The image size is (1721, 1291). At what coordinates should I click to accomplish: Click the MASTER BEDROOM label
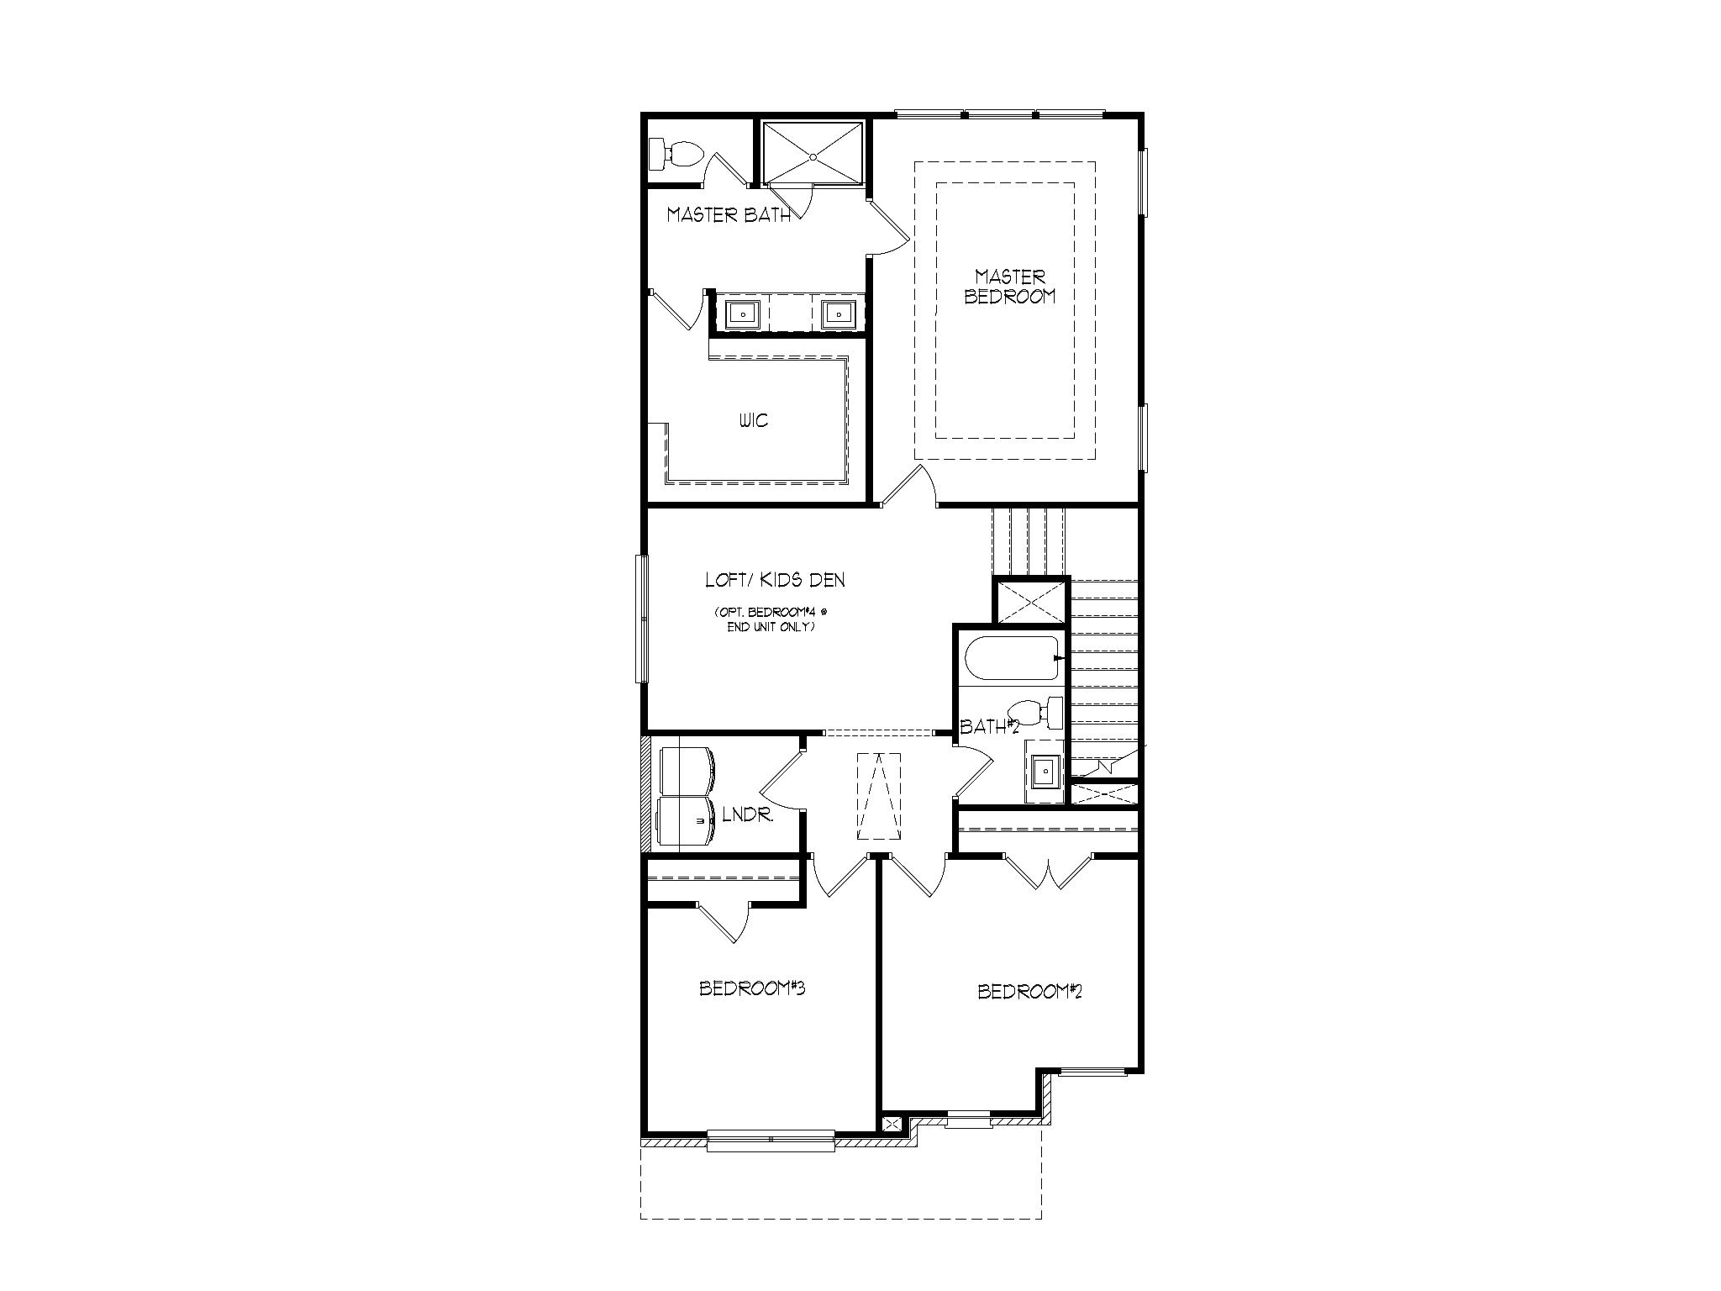coord(1010,287)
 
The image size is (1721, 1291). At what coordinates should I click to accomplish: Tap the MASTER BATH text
coord(729,215)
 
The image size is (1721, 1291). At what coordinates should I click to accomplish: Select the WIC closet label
coord(754,420)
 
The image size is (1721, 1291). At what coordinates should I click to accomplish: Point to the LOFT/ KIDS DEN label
coord(775,580)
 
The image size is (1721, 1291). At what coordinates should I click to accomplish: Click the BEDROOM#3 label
coord(752,988)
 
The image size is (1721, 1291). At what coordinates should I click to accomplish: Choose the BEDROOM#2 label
coord(1029,992)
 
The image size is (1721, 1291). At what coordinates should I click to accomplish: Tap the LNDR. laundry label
coord(747,814)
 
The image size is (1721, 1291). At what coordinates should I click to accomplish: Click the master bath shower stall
coord(813,151)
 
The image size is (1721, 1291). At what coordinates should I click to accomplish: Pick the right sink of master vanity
coord(837,314)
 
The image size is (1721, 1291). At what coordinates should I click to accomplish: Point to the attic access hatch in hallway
coord(878,795)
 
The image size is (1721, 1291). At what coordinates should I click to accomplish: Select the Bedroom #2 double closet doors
coord(1048,874)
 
